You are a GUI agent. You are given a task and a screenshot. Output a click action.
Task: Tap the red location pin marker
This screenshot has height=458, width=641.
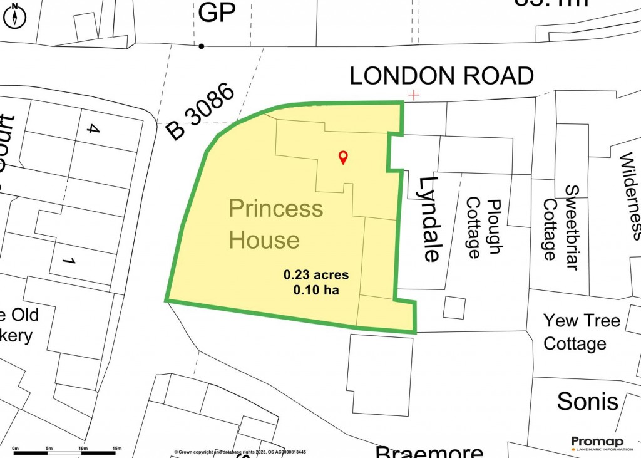point(342,157)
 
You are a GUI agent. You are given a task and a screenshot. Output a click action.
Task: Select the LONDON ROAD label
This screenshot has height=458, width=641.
point(441,76)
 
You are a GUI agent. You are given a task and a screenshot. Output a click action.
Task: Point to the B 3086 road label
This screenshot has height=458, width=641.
point(201,113)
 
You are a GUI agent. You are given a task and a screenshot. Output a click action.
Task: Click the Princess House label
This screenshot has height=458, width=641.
point(275,224)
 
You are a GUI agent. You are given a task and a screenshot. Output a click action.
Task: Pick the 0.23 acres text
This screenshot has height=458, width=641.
point(315,274)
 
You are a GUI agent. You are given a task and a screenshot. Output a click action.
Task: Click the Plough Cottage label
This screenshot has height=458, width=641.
point(483,229)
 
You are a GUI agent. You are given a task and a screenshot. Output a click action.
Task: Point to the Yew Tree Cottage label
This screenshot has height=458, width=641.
point(582,332)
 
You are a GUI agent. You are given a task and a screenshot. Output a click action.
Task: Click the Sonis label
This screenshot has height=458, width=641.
point(587,402)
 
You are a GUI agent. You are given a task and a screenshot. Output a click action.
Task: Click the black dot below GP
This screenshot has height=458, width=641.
point(201,46)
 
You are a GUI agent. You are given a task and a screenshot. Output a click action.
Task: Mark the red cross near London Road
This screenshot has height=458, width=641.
point(413,95)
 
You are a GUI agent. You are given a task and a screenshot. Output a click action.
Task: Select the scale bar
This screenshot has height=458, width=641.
point(68,452)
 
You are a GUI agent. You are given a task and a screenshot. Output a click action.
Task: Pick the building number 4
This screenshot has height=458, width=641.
point(93,130)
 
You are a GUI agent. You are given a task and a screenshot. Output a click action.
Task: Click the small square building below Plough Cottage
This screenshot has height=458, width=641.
point(454,307)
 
